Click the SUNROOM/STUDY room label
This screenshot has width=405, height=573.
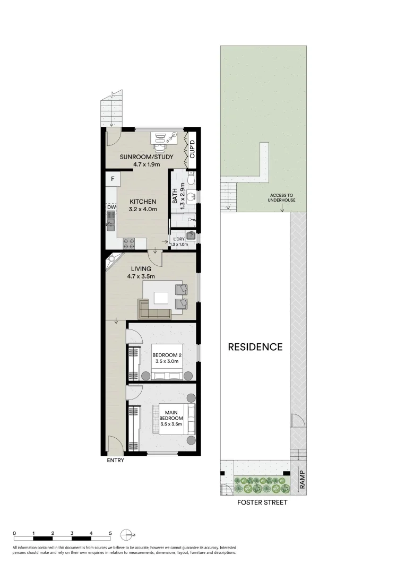[143, 157]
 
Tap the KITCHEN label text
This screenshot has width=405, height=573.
[142, 202]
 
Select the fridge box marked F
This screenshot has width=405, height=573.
[113, 179]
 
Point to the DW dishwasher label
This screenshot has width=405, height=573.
[111, 207]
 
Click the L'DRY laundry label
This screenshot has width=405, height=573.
[178, 239]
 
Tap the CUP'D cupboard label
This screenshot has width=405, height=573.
[192, 150]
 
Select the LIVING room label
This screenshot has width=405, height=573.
[140, 269]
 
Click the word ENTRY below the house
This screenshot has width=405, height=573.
[115, 461]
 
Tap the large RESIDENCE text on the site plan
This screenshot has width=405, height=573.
[255, 347]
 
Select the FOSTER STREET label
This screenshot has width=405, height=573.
[262, 502]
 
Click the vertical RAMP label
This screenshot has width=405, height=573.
[301, 480]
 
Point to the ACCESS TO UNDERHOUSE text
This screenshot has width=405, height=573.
[281, 197]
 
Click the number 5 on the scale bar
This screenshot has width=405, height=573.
[110, 533]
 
